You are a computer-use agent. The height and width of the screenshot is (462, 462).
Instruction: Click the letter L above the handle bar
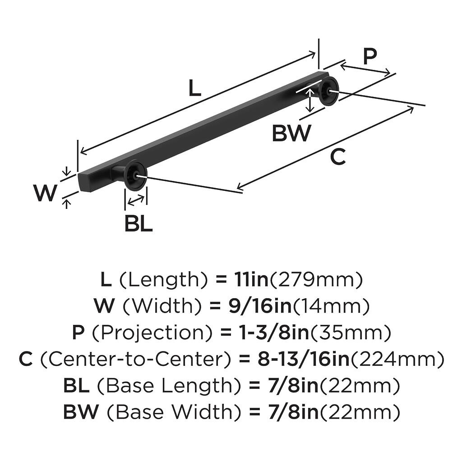[x=194, y=88]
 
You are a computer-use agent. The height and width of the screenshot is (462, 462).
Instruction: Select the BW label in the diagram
[x=291, y=133]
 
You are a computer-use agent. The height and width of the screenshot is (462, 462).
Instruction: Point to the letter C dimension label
[x=337, y=157]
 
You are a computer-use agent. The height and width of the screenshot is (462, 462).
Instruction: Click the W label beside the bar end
[x=46, y=194]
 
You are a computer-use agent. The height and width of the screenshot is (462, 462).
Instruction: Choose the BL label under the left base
[x=139, y=223]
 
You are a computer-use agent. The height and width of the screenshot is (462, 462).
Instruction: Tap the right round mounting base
[x=328, y=91]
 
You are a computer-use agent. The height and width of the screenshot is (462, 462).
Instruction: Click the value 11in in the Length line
[x=251, y=280]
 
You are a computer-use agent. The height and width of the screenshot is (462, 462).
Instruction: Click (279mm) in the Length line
[x=316, y=280]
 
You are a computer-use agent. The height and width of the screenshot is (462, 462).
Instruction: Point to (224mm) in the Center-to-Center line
[x=397, y=360]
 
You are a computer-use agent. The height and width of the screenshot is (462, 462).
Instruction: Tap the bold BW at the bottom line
[x=80, y=412]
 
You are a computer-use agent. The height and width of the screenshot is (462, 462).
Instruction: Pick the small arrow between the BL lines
[x=136, y=199]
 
